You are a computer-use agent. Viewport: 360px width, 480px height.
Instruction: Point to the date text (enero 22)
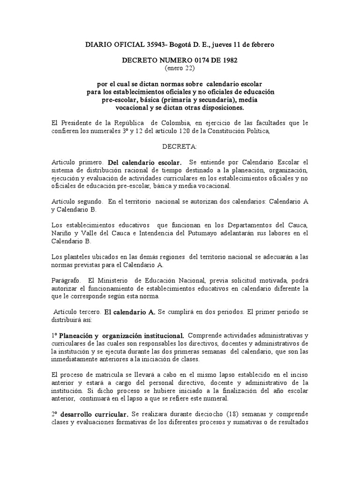click(180, 68)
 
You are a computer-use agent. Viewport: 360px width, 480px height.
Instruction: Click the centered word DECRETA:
click(180, 147)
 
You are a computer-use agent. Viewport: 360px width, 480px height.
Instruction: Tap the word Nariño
click(62, 234)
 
